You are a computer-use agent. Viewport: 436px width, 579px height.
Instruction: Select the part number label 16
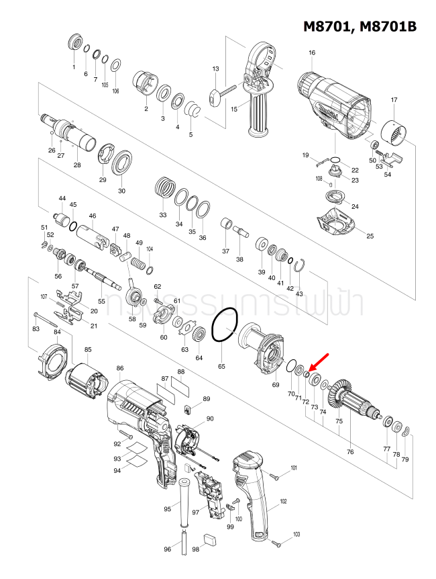[312, 53]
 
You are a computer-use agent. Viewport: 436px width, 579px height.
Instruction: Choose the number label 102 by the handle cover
[283, 502]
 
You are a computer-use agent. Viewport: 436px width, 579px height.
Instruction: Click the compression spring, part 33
[163, 186]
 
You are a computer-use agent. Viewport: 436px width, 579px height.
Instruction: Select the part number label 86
[120, 369]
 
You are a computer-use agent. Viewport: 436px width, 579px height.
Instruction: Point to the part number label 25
[369, 236]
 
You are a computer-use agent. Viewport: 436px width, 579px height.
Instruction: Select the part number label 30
[121, 191]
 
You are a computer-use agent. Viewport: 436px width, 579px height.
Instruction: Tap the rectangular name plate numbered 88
[180, 386]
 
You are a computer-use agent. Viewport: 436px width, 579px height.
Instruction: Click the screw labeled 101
[277, 475]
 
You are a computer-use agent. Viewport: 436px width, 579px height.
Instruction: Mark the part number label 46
[93, 216]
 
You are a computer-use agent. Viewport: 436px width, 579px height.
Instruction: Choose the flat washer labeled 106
[115, 65]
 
